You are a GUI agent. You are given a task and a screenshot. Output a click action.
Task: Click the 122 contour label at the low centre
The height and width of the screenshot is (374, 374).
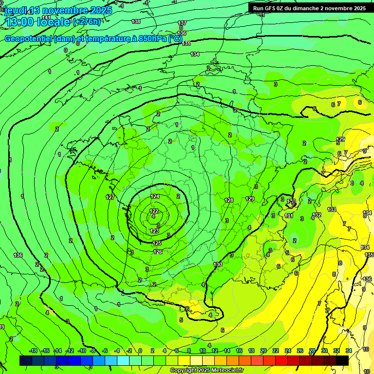[x=154, y=211]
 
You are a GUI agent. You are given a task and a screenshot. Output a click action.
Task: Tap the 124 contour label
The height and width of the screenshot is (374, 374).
[x=155, y=196]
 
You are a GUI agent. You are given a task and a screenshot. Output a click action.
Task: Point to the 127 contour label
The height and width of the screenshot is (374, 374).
[x=110, y=197]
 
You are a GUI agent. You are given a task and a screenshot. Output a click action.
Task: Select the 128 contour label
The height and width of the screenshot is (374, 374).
[x=229, y=200]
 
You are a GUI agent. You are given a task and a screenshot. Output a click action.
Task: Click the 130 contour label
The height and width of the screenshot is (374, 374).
[x=218, y=264]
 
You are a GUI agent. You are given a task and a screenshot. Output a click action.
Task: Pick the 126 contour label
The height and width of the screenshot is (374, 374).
[x=158, y=252]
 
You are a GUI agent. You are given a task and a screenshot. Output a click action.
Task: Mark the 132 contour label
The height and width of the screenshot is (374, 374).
[x=317, y=214]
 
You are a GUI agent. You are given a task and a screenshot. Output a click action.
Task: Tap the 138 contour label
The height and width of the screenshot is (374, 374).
[x=136, y=21]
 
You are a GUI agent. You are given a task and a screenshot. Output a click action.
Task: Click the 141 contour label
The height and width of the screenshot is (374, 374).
[x=46, y=17]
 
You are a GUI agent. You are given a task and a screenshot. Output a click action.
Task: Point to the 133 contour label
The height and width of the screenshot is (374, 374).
[x=332, y=209]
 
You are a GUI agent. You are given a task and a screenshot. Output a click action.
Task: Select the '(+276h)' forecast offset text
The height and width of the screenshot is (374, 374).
[x=87, y=21]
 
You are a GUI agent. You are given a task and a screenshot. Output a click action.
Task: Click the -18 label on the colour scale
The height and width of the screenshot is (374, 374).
[x=33, y=351]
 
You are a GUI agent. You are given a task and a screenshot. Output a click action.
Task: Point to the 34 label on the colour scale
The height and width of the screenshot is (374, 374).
[x=349, y=351]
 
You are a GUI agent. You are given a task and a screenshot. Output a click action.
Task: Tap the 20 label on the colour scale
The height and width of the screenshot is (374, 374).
[x=263, y=351]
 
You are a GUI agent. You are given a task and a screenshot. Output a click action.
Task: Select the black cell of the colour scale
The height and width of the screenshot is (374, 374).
[x=342, y=360]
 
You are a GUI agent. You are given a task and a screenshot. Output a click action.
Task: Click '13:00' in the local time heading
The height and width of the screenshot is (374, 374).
[x=18, y=21]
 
